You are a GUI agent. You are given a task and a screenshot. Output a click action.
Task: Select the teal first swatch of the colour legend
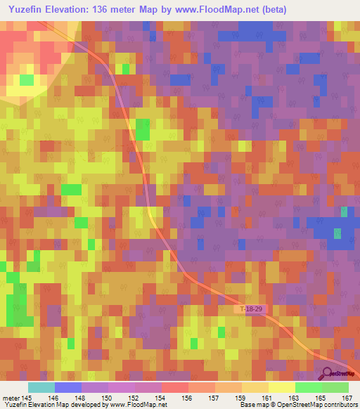[x=41, y=387]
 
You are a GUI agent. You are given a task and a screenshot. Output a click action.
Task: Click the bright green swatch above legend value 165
[x=308, y=387]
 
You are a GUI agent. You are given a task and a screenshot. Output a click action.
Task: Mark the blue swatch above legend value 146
[x=68, y=387]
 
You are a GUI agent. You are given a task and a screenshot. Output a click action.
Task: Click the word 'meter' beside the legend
[x=11, y=398]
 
